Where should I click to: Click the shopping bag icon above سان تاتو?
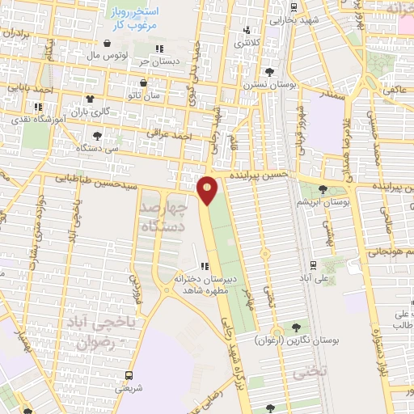pos(144,83)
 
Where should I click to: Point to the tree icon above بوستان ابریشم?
pos(323,189)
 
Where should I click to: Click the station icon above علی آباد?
pos(313,264)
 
